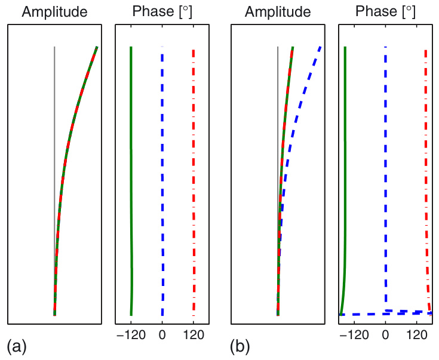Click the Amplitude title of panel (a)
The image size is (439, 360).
[x=53, y=12]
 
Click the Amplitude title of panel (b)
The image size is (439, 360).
[x=278, y=12]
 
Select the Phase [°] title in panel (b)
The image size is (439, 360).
[x=385, y=12]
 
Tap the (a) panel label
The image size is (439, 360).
[x=16, y=345]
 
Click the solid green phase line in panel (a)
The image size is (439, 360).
[x=131, y=179]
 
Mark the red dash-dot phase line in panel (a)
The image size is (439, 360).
[x=193, y=179]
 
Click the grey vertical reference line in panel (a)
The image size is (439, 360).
[x=54, y=90]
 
